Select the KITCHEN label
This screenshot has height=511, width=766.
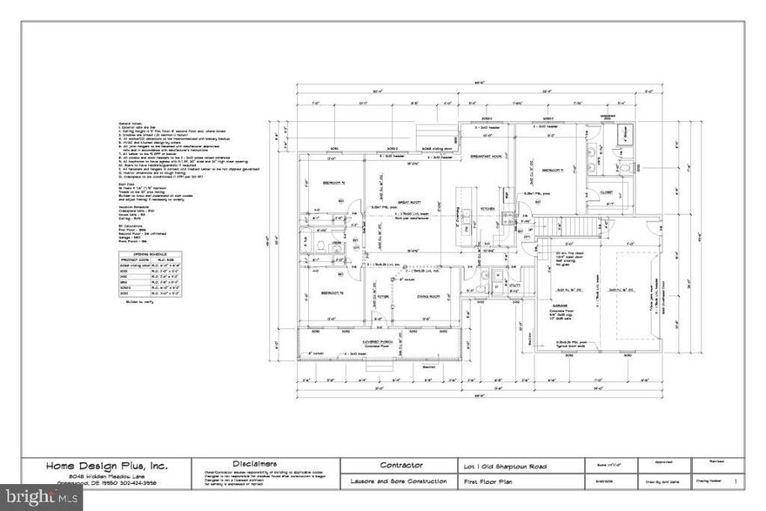pyautogui.click(x=488, y=209)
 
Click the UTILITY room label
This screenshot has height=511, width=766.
pyautogui.click(x=514, y=284)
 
